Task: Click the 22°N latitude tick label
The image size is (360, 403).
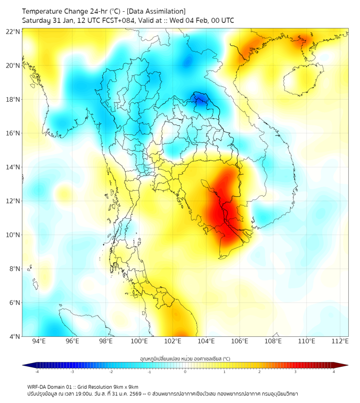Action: point(13,31)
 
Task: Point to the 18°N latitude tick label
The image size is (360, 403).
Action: point(13,99)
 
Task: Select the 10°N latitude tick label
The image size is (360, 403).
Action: point(13,235)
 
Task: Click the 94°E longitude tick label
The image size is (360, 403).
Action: point(39,341)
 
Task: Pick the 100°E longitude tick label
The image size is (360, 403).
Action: point(140,341)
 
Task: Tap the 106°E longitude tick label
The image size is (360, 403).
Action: point(240,341)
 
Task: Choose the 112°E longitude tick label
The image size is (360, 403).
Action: point(340,341)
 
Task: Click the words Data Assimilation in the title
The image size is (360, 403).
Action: point(157,11)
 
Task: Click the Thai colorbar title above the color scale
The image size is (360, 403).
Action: point(185,359)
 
